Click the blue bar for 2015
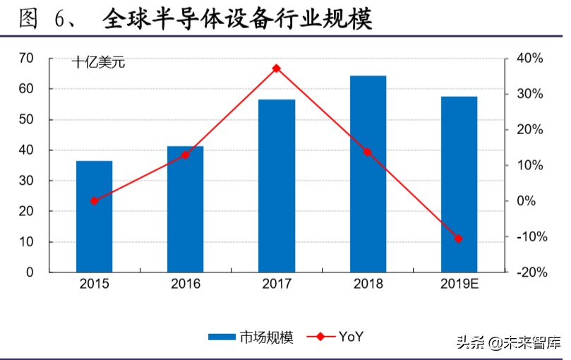click(x=95, y=216)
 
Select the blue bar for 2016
click(x=185, y=209)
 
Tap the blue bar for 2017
click(x=276, y=186)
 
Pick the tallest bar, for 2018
click(x=367, y=174)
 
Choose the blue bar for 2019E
click(x=459, y=184)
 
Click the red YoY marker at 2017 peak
click(x=276, y=68)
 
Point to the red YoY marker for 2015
click(x=95, y=201)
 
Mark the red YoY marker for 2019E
click(x=459, y=239)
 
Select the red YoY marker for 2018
click(x=367, y=152)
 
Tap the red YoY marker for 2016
click(x=185, y=155)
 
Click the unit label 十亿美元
click(x=98, y=63)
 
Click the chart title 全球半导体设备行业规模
click(x=236, y=18)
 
